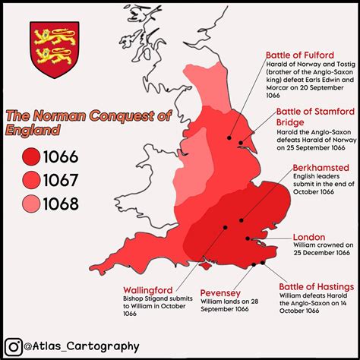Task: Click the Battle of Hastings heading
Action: [x=314, y=286]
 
